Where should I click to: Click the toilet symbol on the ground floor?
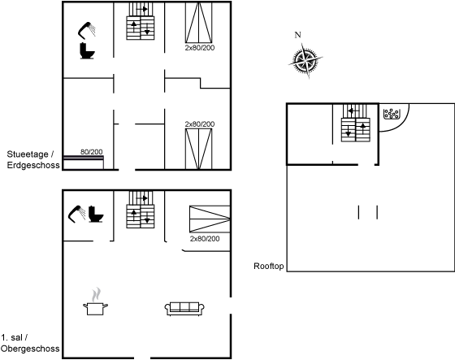[x=87, y=51]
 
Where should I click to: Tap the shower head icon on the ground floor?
[x=86, y=30]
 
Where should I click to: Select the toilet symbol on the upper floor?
[x=96, y=214]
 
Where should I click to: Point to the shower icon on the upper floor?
[x=76, y=214]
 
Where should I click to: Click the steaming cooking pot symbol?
[x=95, y=302]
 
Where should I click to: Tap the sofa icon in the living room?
[x=184, y=309]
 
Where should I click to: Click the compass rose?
[x=305, y=61]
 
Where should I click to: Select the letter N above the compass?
[x=297, y=35]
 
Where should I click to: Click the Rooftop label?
[x=268, y=267]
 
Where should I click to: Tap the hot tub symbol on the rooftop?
[x=392, y=114]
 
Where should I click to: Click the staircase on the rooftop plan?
[x=356, y=123]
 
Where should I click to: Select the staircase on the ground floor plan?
[x=141, y=21]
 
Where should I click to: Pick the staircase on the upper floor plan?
[x=141, y=210]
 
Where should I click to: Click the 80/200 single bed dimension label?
[x=91, y=152]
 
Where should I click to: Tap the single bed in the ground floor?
[x=84, y=163]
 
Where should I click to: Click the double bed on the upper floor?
[x=210, y=219]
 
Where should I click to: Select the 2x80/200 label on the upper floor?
[x=205, y=239]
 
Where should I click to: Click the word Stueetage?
[x=28, y=154]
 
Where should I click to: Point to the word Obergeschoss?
[x=30, y=349]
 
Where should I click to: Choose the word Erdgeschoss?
[x=33, y=165]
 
